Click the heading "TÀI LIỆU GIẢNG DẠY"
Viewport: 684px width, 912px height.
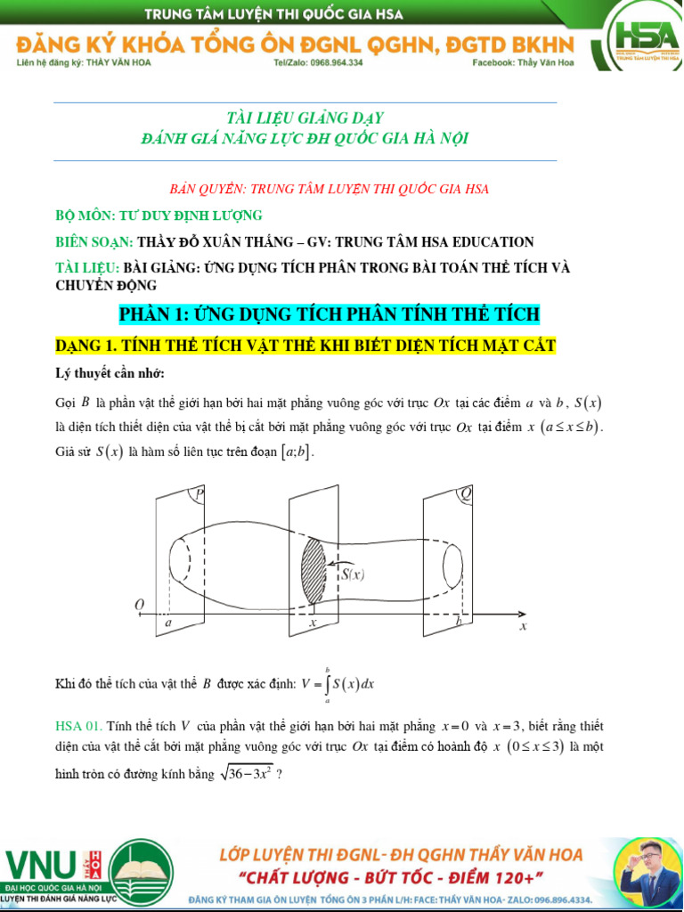point(305,118)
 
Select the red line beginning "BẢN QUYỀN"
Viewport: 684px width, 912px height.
point(329,189)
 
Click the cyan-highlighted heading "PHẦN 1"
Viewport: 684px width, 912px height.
point(330,314)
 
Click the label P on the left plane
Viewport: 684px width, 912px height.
point(199,493)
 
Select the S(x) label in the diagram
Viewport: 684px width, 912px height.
point(352,574)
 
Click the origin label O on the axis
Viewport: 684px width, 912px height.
point(139,606)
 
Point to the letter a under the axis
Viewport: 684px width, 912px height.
point(168,625)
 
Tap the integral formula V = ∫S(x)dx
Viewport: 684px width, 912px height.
point(338,684)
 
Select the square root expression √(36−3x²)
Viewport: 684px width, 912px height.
point(244,774)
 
